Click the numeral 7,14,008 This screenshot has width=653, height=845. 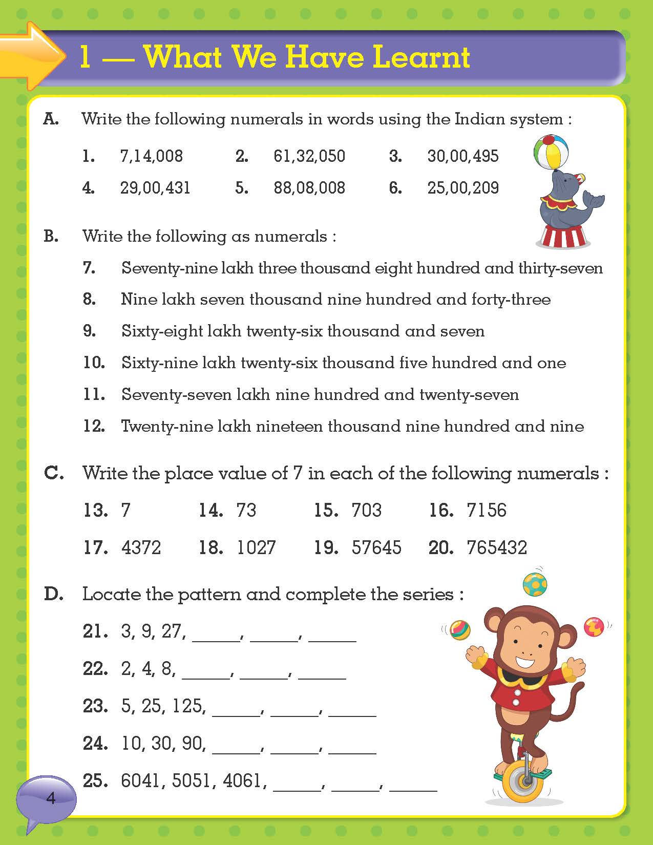pos(151,156)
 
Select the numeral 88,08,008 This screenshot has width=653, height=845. pos(309,187)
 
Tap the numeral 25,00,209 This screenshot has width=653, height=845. pos(463,187)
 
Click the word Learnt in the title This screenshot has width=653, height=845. pos(421,57)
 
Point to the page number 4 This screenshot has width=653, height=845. pos(50,798)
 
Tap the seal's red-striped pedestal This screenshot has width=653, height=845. pos(563,237)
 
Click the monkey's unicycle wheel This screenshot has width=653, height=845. pos(524,781)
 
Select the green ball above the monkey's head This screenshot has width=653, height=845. pos(535,584)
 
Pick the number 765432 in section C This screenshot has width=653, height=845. pos(496,547)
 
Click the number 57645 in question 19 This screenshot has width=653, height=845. pos(376,547)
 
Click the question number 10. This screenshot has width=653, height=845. pos(94,363)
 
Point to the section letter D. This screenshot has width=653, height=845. pos(53,594)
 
